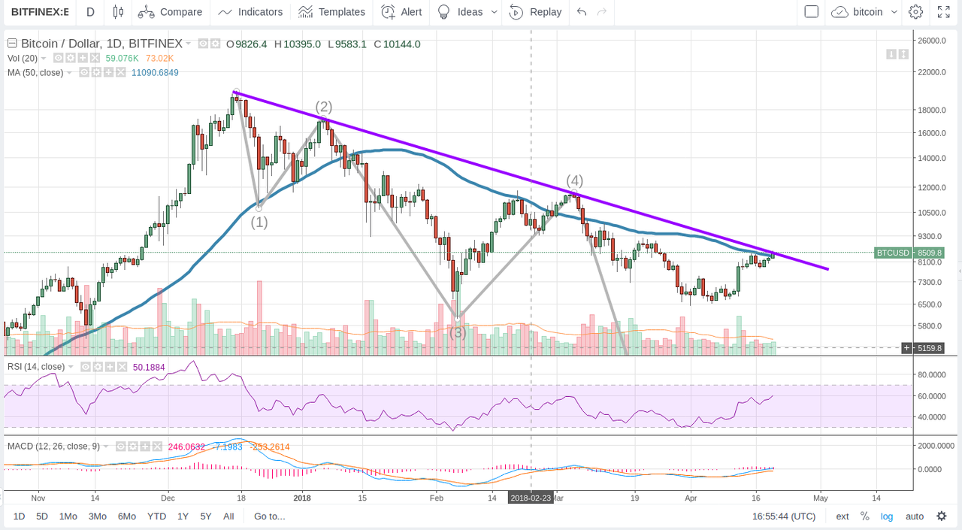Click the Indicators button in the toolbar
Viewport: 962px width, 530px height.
click(x=250, y=12)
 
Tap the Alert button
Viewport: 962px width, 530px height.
click(x=401, y=12)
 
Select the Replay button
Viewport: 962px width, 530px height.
click(x=536, y=12)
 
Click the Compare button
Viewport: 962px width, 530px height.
click(x=171, y=12)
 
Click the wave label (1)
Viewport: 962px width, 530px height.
click(x=259, y=222)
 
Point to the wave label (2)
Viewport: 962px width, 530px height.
click(x=324, y=106)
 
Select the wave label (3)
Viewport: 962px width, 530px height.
click(x=458, y=332)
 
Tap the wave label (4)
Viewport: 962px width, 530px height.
click(x=574, y=180)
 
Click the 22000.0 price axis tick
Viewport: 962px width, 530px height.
click(x=932, y=72)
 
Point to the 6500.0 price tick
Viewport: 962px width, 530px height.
click(x=930, y=304)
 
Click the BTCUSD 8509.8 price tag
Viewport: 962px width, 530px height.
click(x=897, y=253)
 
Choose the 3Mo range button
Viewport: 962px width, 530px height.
click(x=97, y=516)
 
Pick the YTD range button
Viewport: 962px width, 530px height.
click(x=156, y=516)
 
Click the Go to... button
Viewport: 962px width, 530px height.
click(x=269, y=516)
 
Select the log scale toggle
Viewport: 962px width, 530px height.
click(x=887, y=516)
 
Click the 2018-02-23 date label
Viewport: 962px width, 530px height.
click(x=531, y=498)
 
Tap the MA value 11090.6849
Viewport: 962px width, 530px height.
click(x=155, y=72)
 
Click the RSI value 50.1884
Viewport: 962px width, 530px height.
click(x=149, y=367)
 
